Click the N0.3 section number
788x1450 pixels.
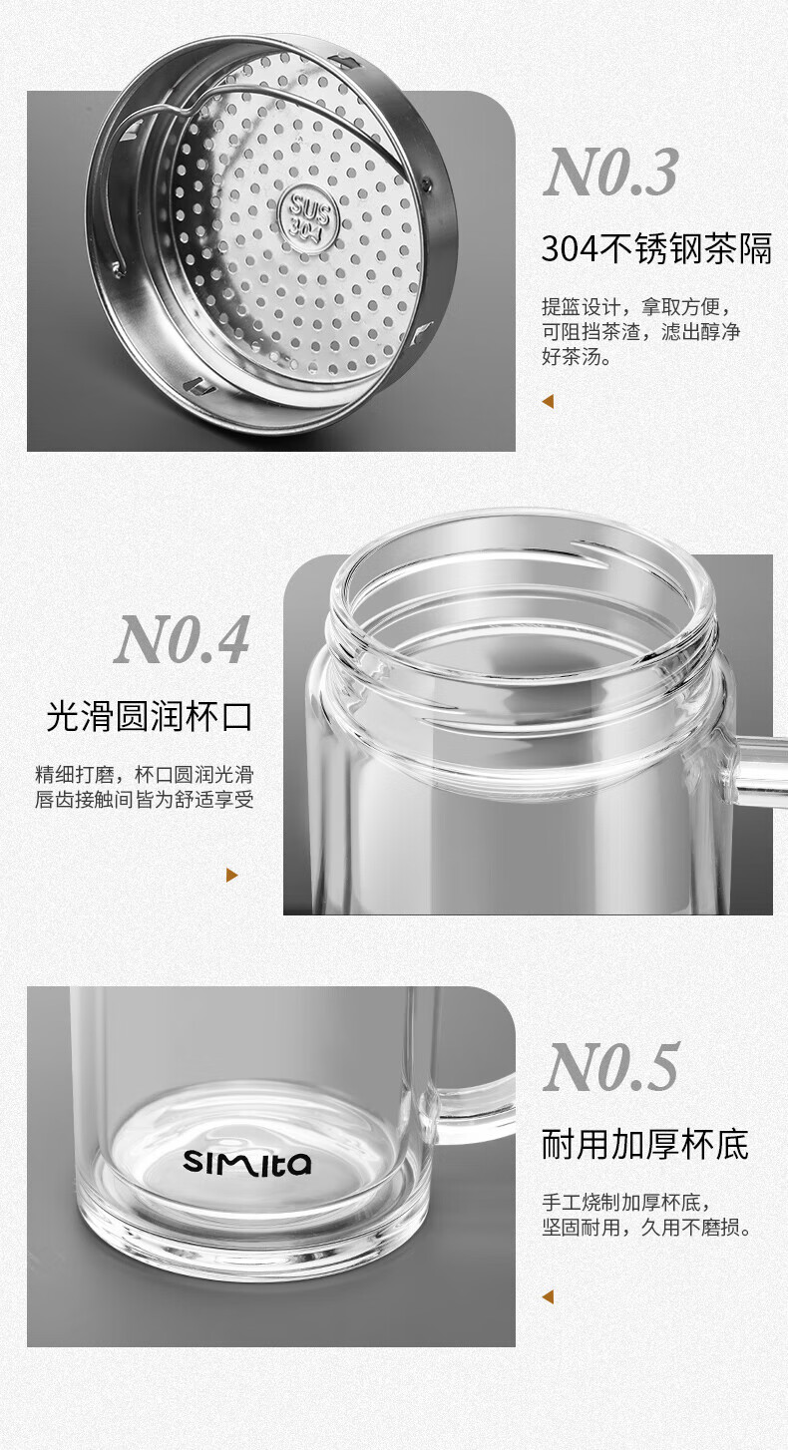[610, 173]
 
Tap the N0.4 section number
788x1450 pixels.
[182, 639]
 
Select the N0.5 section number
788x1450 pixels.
[611, 1067]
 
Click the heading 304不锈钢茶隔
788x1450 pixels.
[656, 249]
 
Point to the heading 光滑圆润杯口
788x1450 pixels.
[149, 717]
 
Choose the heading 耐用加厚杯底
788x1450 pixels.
[645, 1144]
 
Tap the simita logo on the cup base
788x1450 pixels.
[246, 1162]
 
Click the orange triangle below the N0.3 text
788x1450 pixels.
[548, 402]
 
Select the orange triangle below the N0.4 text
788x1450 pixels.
[231, 876]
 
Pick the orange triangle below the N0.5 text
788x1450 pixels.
[548, 1296]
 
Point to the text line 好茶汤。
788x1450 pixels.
[577, 356]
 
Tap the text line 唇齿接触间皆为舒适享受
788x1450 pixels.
[145, 800]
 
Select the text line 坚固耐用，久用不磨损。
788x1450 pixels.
[646, 1228]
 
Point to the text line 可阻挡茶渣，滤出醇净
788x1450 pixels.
[641, 331]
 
